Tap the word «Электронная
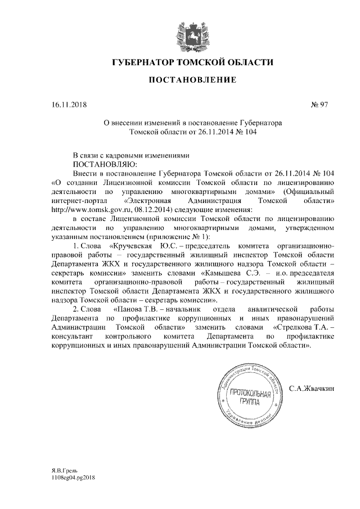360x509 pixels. click(147, 200)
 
